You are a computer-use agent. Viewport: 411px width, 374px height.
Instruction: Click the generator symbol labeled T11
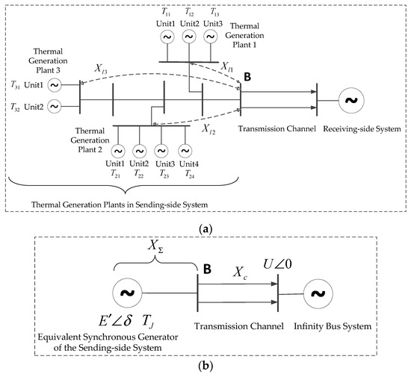pyautogui.click(x=167, y=36)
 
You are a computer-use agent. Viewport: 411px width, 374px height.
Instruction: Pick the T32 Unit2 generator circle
pyautogui.click(x=55, y=107)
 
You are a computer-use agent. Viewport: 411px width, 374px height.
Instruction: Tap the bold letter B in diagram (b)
pyautogui.click(x=203, y=266)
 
